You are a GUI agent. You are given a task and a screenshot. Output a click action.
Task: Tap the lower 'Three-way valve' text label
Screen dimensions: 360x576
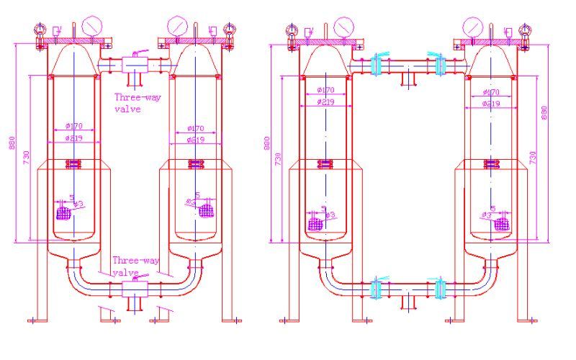point(135,267)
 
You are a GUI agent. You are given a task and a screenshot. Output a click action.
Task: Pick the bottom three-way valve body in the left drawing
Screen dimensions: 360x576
point(134,288)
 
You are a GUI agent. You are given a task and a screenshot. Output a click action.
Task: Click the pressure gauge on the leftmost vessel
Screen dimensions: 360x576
point(91,27)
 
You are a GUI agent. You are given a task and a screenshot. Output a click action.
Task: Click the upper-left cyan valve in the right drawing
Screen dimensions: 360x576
point(376,66)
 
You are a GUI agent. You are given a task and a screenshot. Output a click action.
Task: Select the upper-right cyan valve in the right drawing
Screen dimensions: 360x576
point(440,66)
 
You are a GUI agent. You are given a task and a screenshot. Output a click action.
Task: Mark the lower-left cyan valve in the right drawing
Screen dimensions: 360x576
point(375,288)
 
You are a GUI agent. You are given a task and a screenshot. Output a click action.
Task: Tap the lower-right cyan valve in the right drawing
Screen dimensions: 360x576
point(441,288)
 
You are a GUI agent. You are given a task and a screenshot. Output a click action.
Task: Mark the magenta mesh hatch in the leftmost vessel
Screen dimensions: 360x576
point(63,213)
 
